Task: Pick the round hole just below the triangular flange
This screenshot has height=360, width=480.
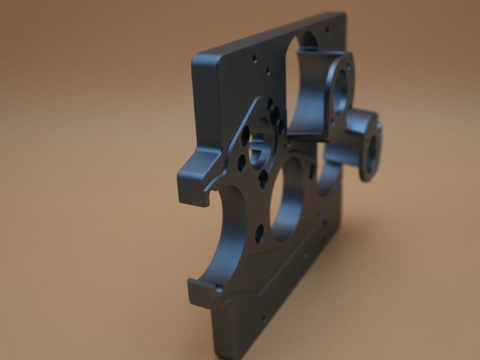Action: [x=259, y=233]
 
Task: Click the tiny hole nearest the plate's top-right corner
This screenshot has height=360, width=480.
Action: [x=326, y=28]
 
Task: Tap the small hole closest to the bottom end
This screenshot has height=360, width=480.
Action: [x=262, y=319]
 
